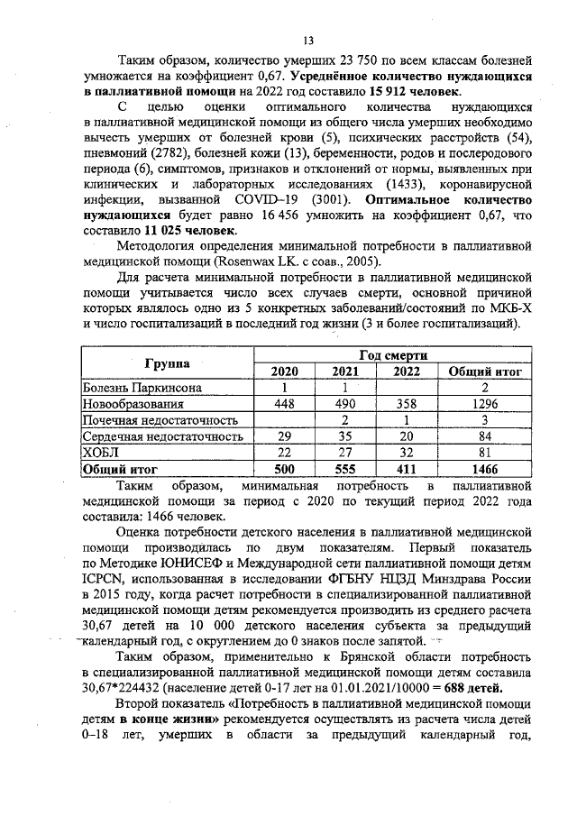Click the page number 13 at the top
coord(307,40)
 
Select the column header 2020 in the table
coord(286,371)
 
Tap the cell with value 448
coord(286,404)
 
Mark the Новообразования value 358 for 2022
coord(408,404)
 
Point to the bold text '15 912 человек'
coord(415,92)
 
